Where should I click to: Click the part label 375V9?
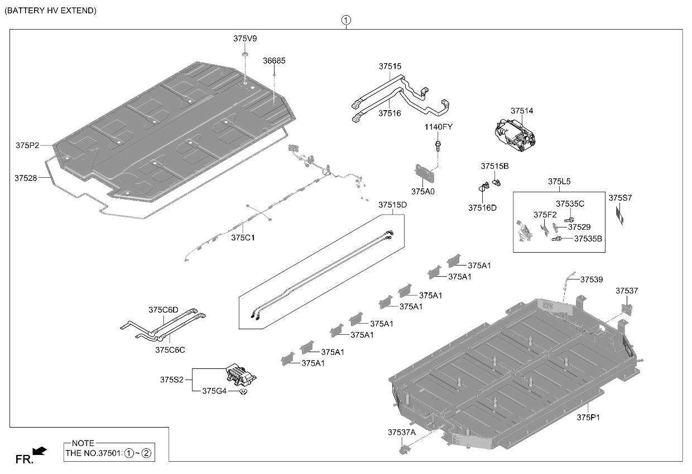point(245,39)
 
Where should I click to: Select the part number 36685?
point(274,60)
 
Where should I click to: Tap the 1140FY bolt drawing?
point(438,146)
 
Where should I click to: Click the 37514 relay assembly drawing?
point(515,135)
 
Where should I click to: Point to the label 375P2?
point(27,145)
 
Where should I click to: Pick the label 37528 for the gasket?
point(26,178)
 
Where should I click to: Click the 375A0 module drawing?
point(424,174)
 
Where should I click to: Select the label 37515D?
point(392,205)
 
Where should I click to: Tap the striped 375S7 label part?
point(619,215)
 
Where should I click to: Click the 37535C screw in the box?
point(569,220)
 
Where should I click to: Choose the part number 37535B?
point(588,239)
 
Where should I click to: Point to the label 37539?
point(592,279)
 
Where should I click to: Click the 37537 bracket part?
point(627,309)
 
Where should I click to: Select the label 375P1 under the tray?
point(588,418)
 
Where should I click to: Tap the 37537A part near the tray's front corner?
point(404,449)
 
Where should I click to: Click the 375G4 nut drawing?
point(243,392)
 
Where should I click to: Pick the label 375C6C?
point(170,349)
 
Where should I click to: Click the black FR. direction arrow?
point(40,451)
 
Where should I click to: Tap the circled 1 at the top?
point(346,20)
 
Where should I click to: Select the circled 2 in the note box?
point(146,453)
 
